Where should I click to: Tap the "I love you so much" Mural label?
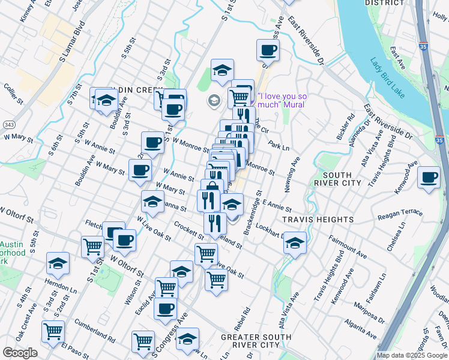pyautogui.click(x=282, y=100)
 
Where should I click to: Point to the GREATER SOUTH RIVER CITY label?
pyautogui.click(x=250, y=341)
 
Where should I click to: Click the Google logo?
pyautogui.click(x=20, y=353)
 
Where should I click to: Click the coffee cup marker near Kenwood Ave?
pyautogui.click(x=429, y=178)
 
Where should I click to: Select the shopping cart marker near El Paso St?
pyautogui.click(x=53, y=331)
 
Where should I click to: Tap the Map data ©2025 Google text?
pyautogui.click(x=412, y=355)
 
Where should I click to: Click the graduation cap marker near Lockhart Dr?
pyautogui.click(x=295, y=243)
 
